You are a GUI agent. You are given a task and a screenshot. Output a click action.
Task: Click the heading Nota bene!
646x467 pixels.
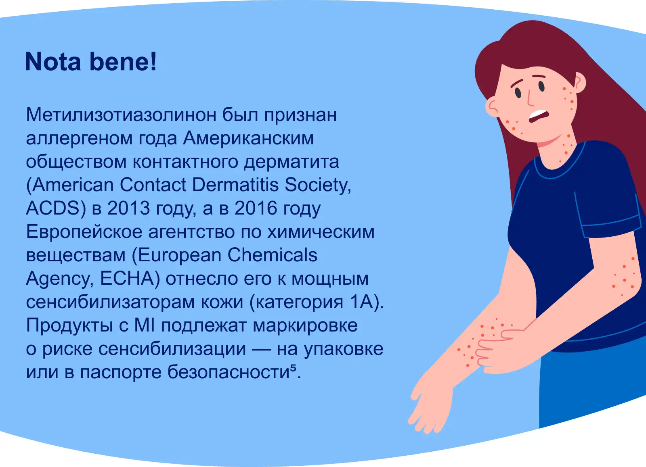coord(91,61)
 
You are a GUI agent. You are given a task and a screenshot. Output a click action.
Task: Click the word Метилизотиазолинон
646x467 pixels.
coord(121,115)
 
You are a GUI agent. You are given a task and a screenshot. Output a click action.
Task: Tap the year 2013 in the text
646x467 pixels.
coord(129,208)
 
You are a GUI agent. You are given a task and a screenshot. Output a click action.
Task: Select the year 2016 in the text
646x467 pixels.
coord(256,208)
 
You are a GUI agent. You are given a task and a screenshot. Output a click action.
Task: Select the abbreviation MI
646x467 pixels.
coord(145,325)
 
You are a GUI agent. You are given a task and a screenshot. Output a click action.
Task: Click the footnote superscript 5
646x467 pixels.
coord(293,368)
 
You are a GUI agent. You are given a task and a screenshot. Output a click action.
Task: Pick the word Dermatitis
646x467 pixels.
coord(235,184)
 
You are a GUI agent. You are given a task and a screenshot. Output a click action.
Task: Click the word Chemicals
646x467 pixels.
coord(272,255)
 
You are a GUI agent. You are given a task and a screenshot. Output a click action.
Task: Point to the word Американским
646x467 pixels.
coord(248,138)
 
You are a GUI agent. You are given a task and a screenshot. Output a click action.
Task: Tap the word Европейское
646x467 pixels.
coord(84,231)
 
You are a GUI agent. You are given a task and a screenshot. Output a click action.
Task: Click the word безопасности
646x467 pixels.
coord(229,372)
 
